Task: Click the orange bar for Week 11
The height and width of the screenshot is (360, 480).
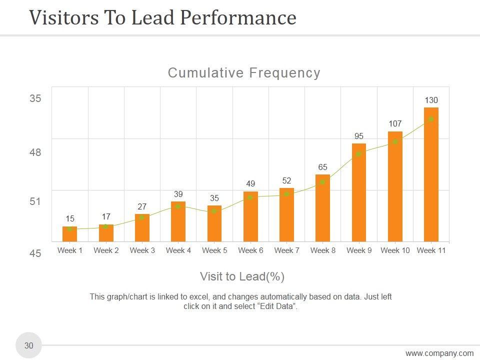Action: coord(431,175)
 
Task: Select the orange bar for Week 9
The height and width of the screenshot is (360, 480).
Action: coord(359,192)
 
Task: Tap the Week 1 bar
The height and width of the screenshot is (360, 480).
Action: coord(70,234)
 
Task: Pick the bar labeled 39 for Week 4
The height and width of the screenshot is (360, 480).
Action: coord(178,221)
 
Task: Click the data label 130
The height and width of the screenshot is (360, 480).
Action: coord(431,100)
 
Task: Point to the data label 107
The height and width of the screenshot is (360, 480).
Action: coord(395,123)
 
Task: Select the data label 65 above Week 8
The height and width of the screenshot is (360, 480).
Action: coord(322,167)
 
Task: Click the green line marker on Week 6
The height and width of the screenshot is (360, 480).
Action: coord(250,197)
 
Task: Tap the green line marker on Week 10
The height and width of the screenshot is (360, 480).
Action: coord(395,142)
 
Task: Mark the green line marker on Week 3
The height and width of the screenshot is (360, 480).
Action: coord(142,217)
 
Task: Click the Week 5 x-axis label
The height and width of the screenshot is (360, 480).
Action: coord(214,250)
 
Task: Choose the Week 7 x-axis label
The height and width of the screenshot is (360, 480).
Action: coord(286,250)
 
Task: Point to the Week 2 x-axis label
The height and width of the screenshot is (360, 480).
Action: coord(106,250)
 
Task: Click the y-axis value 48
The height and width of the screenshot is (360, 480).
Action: coord(35,152)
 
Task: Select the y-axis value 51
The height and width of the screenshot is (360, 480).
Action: coord(35,201)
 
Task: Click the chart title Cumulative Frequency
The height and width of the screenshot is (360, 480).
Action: coord(244,73)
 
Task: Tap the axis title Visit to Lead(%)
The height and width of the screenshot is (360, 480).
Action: coord(242,276)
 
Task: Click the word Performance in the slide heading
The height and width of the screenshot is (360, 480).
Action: coord(238,18)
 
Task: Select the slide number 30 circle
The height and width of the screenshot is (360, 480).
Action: coord(29,345)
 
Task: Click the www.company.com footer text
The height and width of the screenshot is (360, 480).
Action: coord(439,353)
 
